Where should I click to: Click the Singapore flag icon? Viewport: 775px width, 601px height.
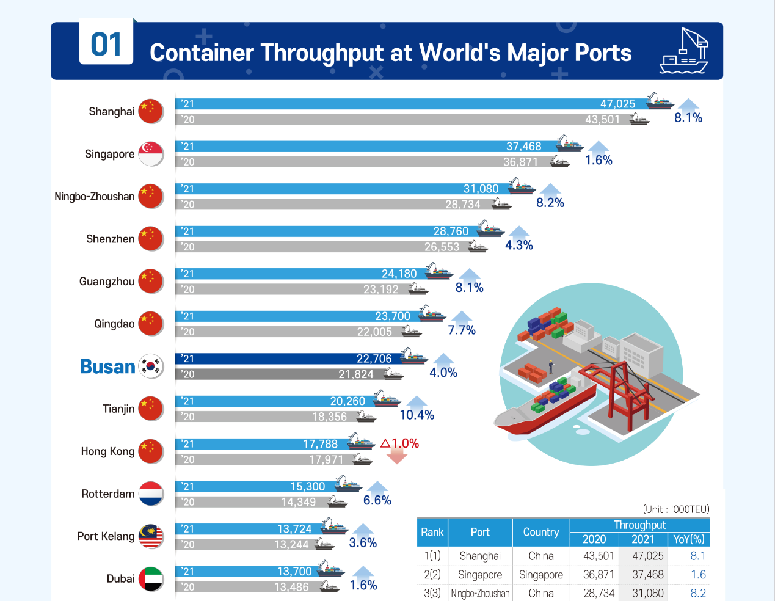151,154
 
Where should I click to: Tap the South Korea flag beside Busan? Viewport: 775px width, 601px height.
151,366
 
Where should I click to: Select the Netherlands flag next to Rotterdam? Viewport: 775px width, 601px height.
151,494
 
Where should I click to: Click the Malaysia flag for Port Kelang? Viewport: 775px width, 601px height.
151,536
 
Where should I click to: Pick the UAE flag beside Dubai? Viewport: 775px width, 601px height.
151,579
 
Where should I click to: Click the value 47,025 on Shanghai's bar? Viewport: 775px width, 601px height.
617,104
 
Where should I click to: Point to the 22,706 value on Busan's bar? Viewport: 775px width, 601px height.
374,359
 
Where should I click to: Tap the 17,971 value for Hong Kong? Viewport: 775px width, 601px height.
326,459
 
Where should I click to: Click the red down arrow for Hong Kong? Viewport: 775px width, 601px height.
397,456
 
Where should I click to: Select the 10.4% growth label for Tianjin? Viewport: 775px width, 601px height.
417,415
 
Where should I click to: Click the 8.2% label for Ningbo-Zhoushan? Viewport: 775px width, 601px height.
550,203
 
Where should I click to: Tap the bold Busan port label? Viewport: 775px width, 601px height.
107,366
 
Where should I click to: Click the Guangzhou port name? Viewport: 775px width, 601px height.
107,282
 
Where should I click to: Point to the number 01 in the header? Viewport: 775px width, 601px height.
106,45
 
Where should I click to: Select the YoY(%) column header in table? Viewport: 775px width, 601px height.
688,539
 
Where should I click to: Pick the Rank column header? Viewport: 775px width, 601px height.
432,532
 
